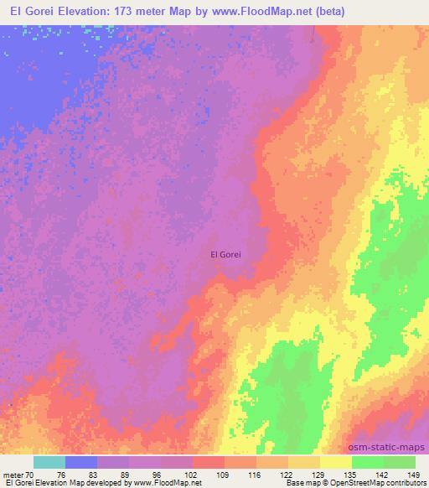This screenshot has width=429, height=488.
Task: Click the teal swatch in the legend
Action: (x=49, y=462)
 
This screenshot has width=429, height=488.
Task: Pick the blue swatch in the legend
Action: (x=81, y=462)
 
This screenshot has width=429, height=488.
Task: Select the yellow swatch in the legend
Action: (x=336, y=462)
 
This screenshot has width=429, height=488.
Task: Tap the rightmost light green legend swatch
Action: (x=400, y=462)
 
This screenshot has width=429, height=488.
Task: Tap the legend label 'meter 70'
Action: (x=18, y=474)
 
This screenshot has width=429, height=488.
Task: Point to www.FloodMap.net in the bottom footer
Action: (x=172, y=483)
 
